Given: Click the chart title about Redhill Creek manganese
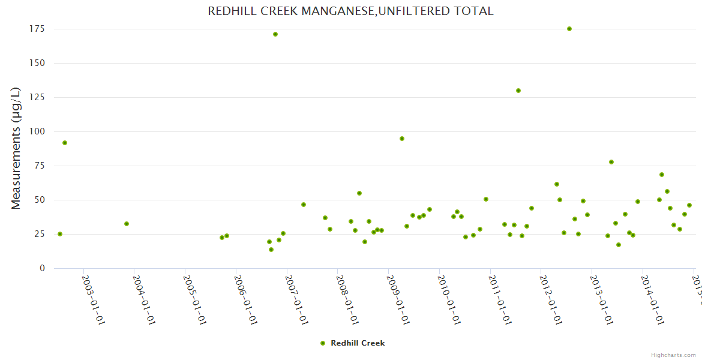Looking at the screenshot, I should coord(350,11).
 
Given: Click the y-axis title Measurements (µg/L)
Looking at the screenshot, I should coord(16,148).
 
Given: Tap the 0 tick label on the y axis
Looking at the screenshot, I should coord(42,268).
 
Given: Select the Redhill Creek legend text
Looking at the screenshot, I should coord(358,343).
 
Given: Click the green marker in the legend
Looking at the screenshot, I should coord(323,343).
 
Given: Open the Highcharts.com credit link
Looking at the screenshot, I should coord(673,355).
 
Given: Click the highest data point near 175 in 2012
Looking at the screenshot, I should coord(569,29).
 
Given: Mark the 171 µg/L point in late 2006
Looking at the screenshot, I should coord(275,34).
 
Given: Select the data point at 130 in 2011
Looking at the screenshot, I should coord(518,91).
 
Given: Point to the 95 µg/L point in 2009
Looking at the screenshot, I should coord(402,139).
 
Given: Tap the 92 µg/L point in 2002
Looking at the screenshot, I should coord(65,143).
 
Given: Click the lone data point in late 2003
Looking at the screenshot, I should coord(127,224).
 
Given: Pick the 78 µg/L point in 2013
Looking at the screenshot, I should coord(611,162).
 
